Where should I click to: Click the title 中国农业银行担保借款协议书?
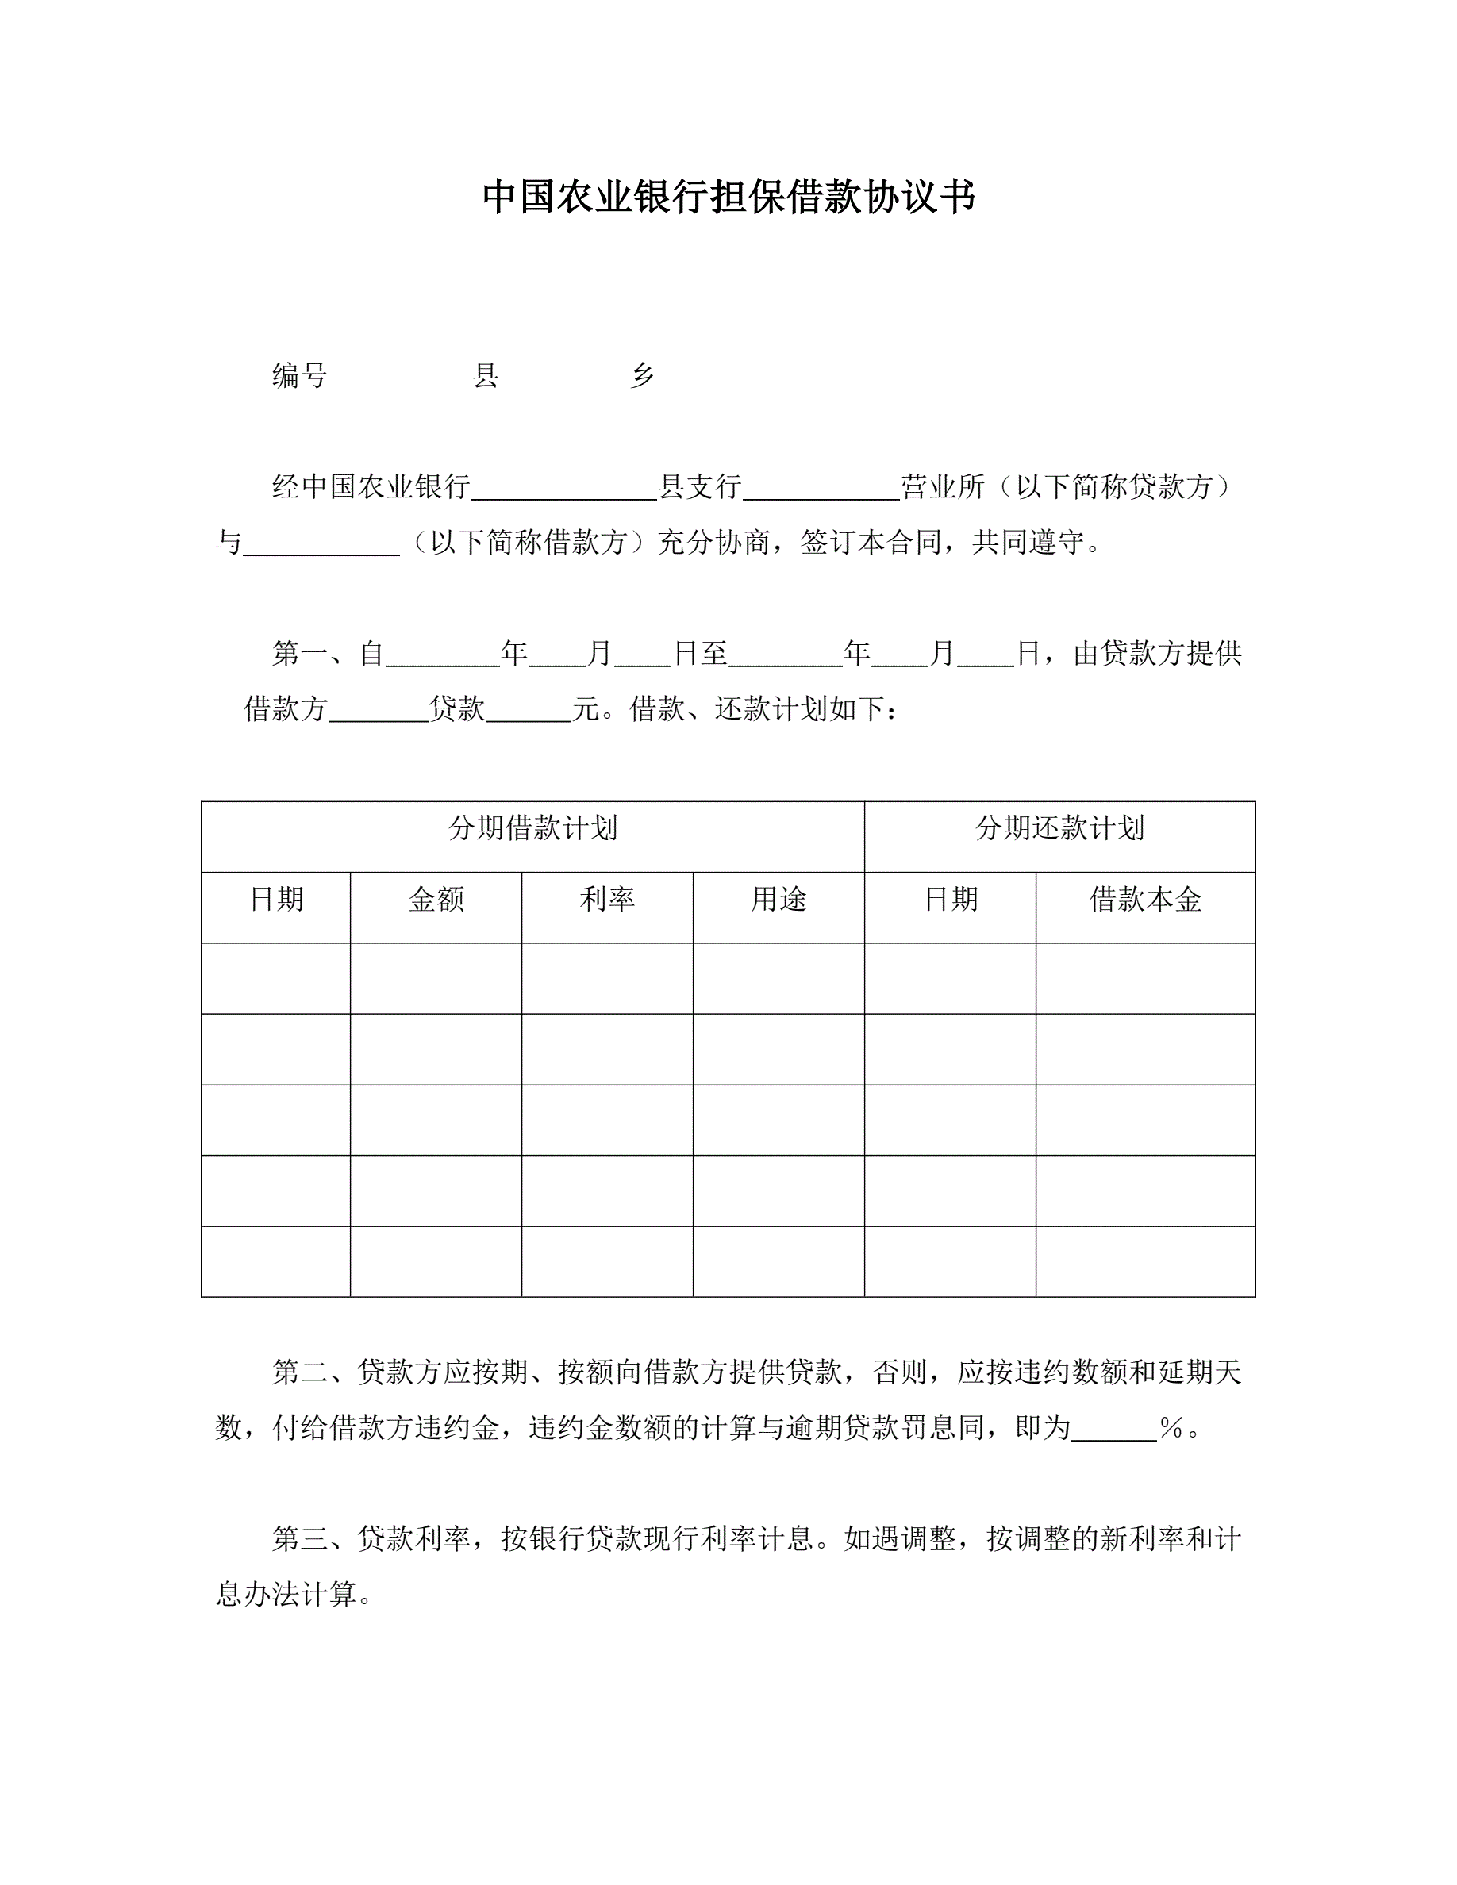pyautogui.click(x=728, y=198)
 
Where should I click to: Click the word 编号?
pyautogui.click(x=299, y=375)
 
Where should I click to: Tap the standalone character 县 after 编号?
pyautogui.click(x=486, y=375)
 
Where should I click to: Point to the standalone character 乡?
pyautogui.click(x=642, y=375)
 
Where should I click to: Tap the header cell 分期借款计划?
pyautogui.click(x=532, y=828)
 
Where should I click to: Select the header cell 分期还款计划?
pyautogui.click(x=1059, y=828)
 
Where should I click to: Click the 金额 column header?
pyautogui.click(x=436, y=900)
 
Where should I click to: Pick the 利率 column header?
pyautogui.click(x=607, y=900)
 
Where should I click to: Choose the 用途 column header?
pyautogui.click(x=778, y=900)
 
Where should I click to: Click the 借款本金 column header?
pyautogui.click(x=1145, y=900)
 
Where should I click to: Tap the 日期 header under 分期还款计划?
pyautogui.click(x=951, y=900)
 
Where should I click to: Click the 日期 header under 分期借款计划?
pyautogui.click(x=276, y=900)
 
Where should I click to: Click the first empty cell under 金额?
pyautogui.click(x=436, y=978)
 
